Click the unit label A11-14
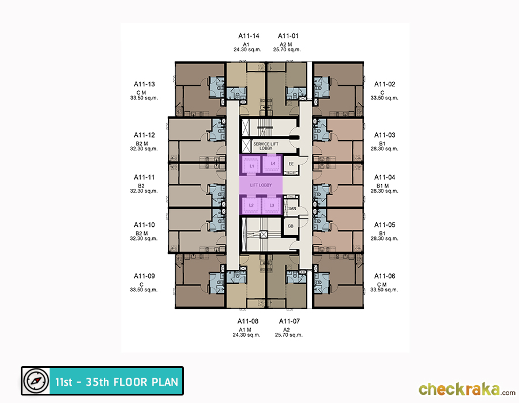point(249,36)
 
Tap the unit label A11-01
point(288,36)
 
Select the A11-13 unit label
point(144,84)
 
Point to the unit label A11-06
point(385,276)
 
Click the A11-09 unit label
point(144,276)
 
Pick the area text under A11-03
point(384,149)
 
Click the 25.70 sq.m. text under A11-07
point(289,335)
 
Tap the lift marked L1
point(251,165)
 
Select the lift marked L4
point(272,164)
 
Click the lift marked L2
point(251,206)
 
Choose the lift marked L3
point(272,206)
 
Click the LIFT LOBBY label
point(261,185)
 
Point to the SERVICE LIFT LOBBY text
point(266,146)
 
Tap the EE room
point(291,164)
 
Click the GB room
point(290,226)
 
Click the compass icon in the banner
point(36,381)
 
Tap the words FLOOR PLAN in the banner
point(146,382)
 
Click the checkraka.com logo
point(467,389)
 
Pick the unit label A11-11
point(144,177)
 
